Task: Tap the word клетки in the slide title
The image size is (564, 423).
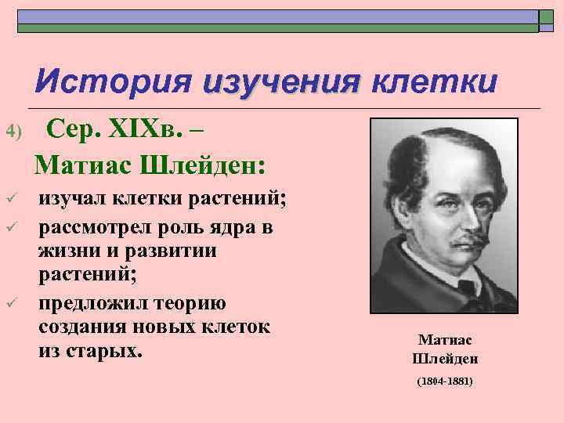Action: coord(433,81)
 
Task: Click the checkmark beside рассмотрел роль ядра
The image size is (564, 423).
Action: coord(10,227)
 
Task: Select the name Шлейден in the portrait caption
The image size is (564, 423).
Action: coord(444,359)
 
